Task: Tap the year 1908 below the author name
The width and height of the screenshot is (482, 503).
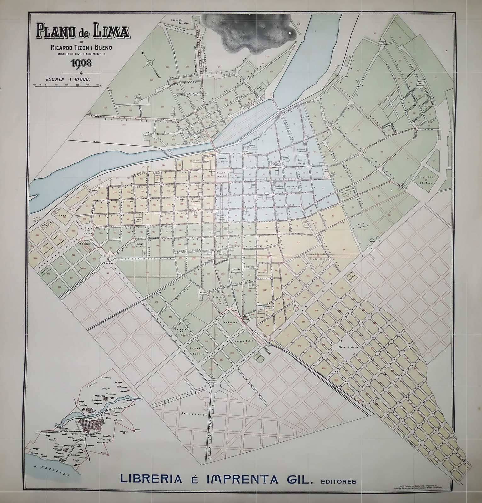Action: point(81,63)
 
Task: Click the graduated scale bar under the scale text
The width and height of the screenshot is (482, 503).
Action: point(68,86)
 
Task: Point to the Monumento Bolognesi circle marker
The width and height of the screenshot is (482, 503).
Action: point(213,385)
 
